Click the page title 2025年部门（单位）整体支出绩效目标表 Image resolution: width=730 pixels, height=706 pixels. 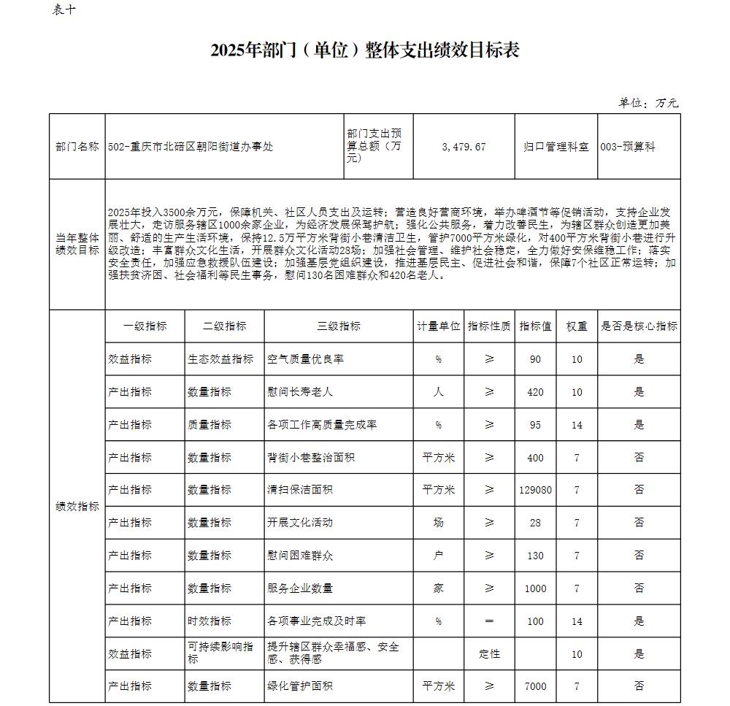coord(364,50)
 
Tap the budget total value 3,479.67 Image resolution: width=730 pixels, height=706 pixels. coord(464,147)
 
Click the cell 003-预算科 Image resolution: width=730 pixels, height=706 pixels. coord(628,147)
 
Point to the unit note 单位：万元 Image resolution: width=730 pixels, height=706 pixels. coord(648,103)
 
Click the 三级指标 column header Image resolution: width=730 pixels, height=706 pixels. coord(339,326)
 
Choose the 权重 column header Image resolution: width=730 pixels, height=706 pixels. coord(577,326)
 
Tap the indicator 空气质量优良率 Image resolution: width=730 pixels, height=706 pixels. coord(306,359)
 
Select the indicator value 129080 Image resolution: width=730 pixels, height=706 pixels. coord(535,490)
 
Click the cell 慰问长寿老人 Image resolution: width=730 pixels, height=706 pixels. coord(301,392)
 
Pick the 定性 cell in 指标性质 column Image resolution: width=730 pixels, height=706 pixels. coord(489,653)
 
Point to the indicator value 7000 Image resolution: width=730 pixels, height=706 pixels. coord(535,686)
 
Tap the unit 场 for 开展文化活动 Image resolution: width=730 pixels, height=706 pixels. coord(438,523)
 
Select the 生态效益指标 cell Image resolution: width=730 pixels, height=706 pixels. coord(220,359)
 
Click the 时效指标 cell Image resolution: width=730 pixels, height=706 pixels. coord(210,621)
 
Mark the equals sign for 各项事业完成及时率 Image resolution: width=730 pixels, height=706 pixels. coord(489,621)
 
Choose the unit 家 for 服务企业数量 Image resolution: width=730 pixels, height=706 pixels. coord(438,588)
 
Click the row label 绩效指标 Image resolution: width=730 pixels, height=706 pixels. coord(77,506)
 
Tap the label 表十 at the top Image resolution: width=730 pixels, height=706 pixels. coord(64,9)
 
